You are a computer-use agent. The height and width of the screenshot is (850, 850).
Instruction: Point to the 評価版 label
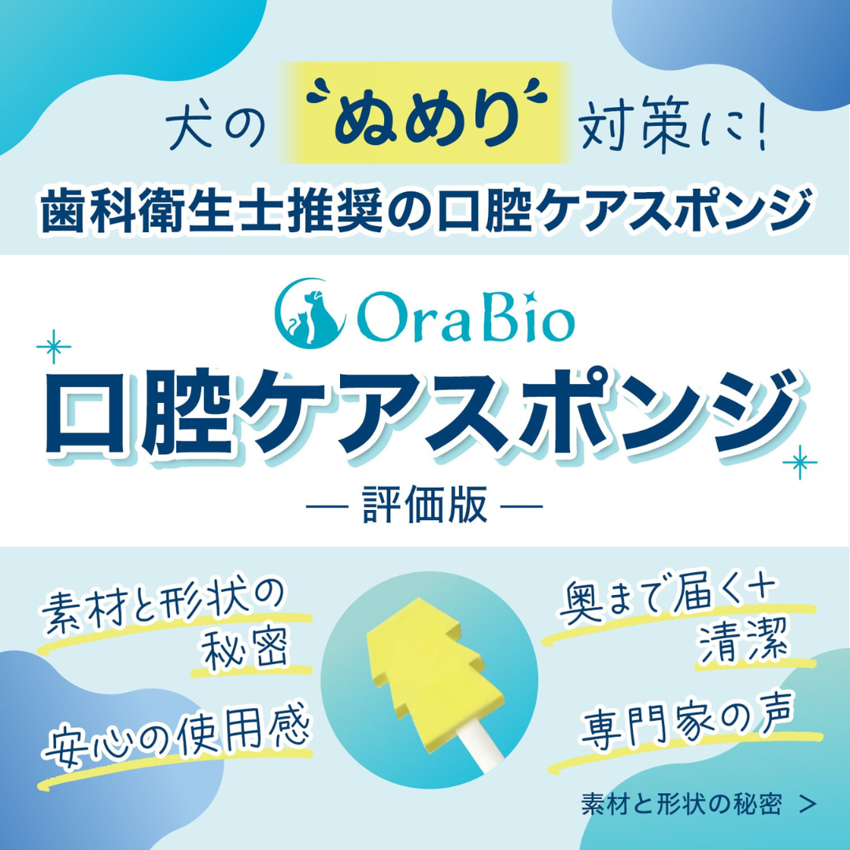[x=425, y=504]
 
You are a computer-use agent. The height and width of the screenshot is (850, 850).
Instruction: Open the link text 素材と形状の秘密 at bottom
[x=681, y=804]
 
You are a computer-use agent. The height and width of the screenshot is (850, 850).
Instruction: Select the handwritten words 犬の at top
[x=208, y=127]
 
